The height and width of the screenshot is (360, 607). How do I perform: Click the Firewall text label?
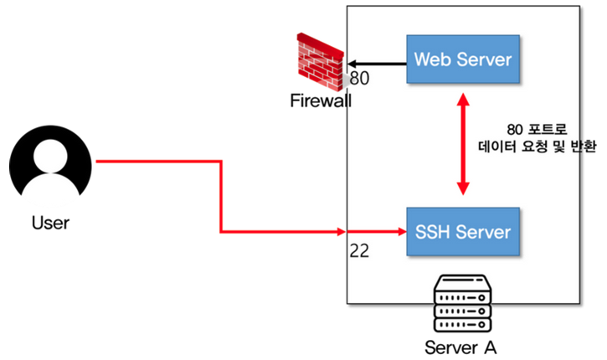(x=321, y=101)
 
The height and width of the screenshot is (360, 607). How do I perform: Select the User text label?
(x=50, y=223)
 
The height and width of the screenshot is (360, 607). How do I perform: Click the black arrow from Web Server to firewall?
(x=377, y=63)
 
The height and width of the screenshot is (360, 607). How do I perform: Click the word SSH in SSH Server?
(x=431, y=230)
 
